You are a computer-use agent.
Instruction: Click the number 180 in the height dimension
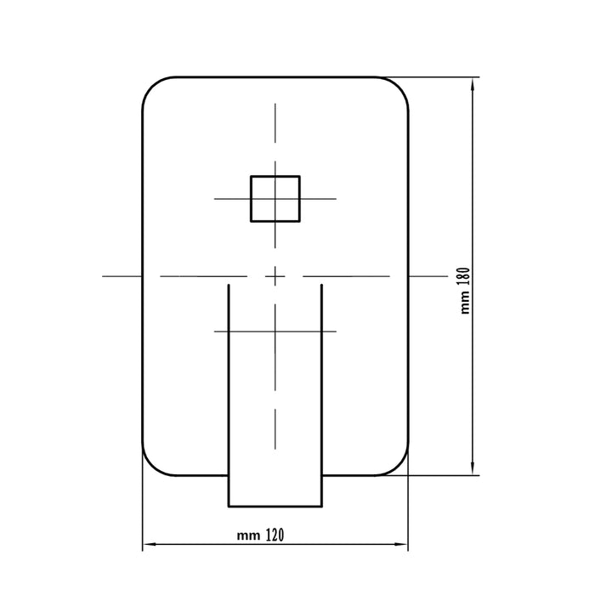pyautogui.click(x=465, y=280)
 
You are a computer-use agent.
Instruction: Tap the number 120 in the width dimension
pyautogui.click(x=275, y=535)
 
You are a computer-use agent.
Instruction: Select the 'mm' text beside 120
pyautogui.click(x=248, y=535)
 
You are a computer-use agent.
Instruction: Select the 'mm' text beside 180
pyautogui.click(x=466, y=305)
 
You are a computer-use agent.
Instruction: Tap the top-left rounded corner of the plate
pyautogui.click(x=152, y=87)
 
